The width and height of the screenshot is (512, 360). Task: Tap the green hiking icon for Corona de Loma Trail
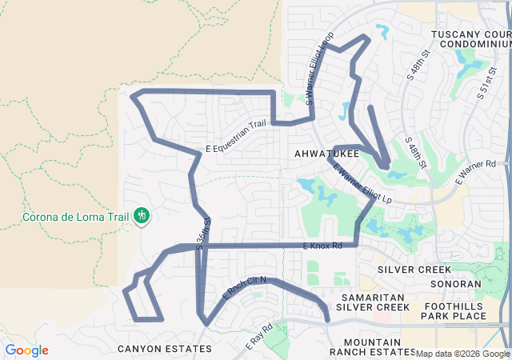(142, 215)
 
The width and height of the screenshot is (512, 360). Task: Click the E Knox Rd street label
(323, 246)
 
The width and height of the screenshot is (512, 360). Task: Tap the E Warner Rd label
(476, 173)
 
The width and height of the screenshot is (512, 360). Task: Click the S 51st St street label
(485, 82)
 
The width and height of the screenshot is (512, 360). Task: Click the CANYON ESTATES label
(165, 349)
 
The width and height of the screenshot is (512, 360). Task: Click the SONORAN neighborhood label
(455, 284)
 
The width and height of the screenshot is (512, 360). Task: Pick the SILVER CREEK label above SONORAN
(414, 270)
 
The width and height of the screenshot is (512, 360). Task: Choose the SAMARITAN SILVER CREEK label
(373, 302)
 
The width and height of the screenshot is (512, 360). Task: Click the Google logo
(26, 350)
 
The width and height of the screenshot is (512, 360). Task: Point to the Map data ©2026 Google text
(462, 354)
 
